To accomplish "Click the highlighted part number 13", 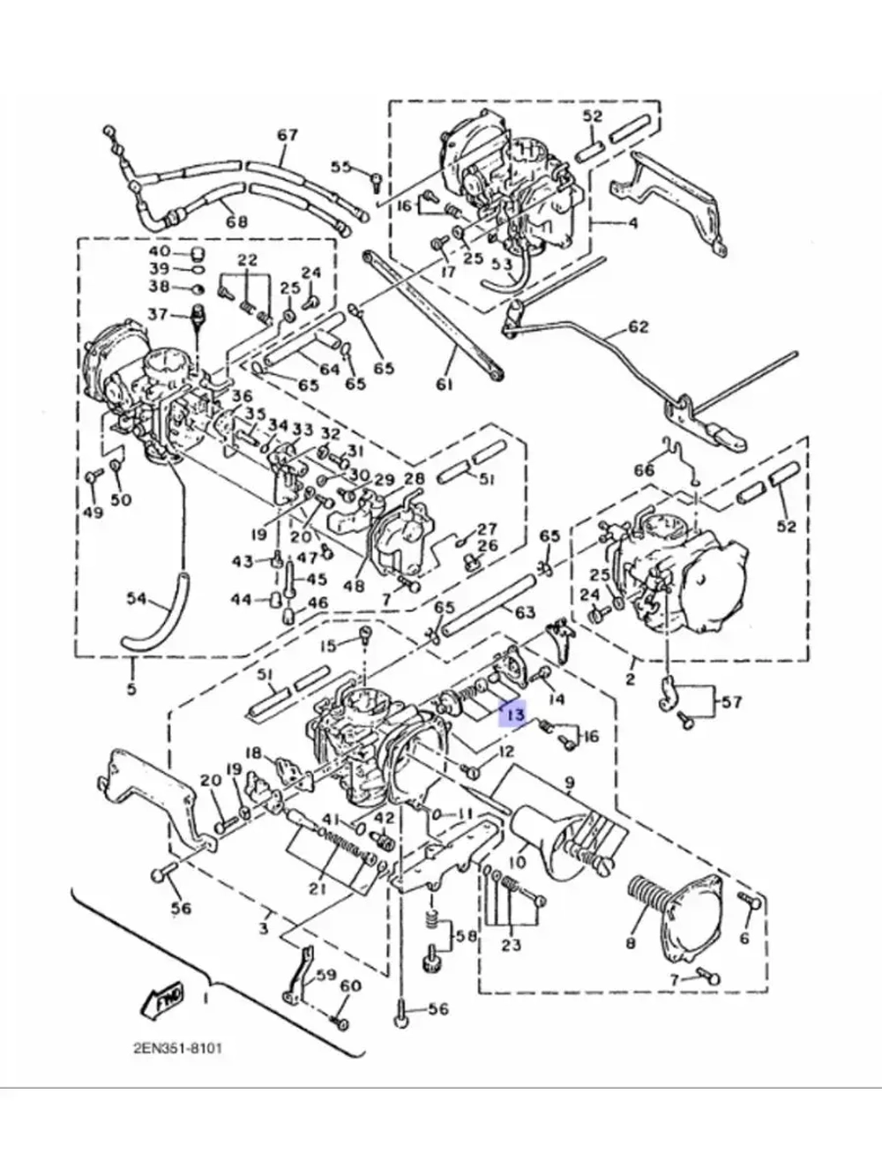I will [514, 712].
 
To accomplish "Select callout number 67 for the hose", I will [288, 136].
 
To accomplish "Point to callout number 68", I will [235, 221].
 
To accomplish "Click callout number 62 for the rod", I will [638, 327].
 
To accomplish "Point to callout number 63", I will [525, 610].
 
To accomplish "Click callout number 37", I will [157, 315].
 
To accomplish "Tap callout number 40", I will [159, 251].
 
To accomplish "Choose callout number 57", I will [731, 702].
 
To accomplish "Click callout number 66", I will [645, 470].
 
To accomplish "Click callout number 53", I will [502, 263].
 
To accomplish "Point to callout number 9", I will [569, 782].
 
